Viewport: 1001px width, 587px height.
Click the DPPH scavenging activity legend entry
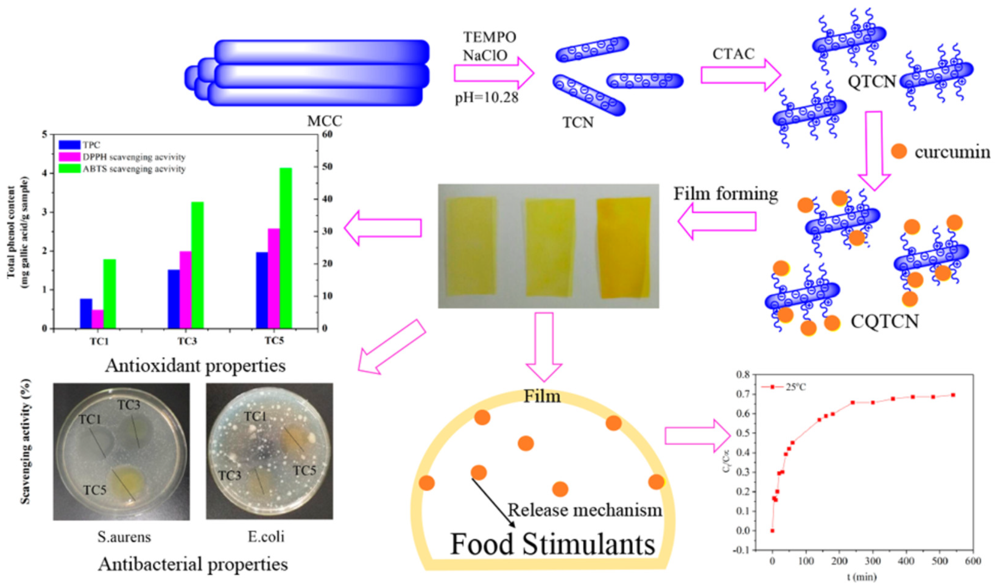pyautogui.click(x=133, y=157)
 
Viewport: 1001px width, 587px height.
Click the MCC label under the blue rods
pyautogui.click(x=324, y=121)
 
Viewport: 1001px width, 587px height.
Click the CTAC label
pyautogui.click(x=733, y=54)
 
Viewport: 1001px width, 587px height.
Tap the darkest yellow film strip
pyautogui.click(x=624, y=247)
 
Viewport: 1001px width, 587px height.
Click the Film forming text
pyautogui.click(x=725, y=194)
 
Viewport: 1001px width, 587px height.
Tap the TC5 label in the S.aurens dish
pyautogui.click(x=95, y=490)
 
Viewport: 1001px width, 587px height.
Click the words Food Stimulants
pyautogui.click(x=552, y=545)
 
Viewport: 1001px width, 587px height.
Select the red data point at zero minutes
pyautogui.click(x=772, y=531)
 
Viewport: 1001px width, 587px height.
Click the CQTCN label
pyautogui.click(x=885, y=321)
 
